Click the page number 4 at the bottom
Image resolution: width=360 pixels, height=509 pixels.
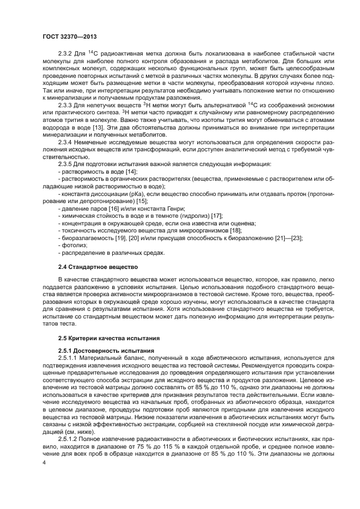tap(44, 463)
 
